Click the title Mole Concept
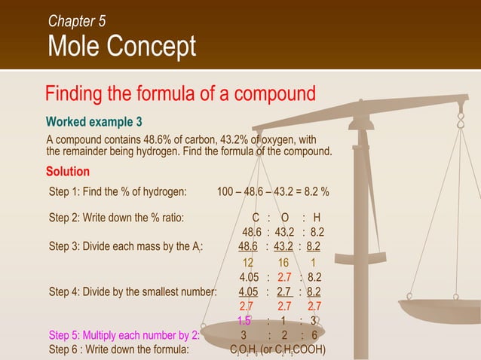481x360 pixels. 121,47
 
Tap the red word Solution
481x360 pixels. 68,171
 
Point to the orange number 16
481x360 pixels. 283,263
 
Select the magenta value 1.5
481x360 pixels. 244,320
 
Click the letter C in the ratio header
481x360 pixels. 256,218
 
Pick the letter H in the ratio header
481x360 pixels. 317,218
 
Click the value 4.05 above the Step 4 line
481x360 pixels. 250,277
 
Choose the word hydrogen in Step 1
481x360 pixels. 164,191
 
